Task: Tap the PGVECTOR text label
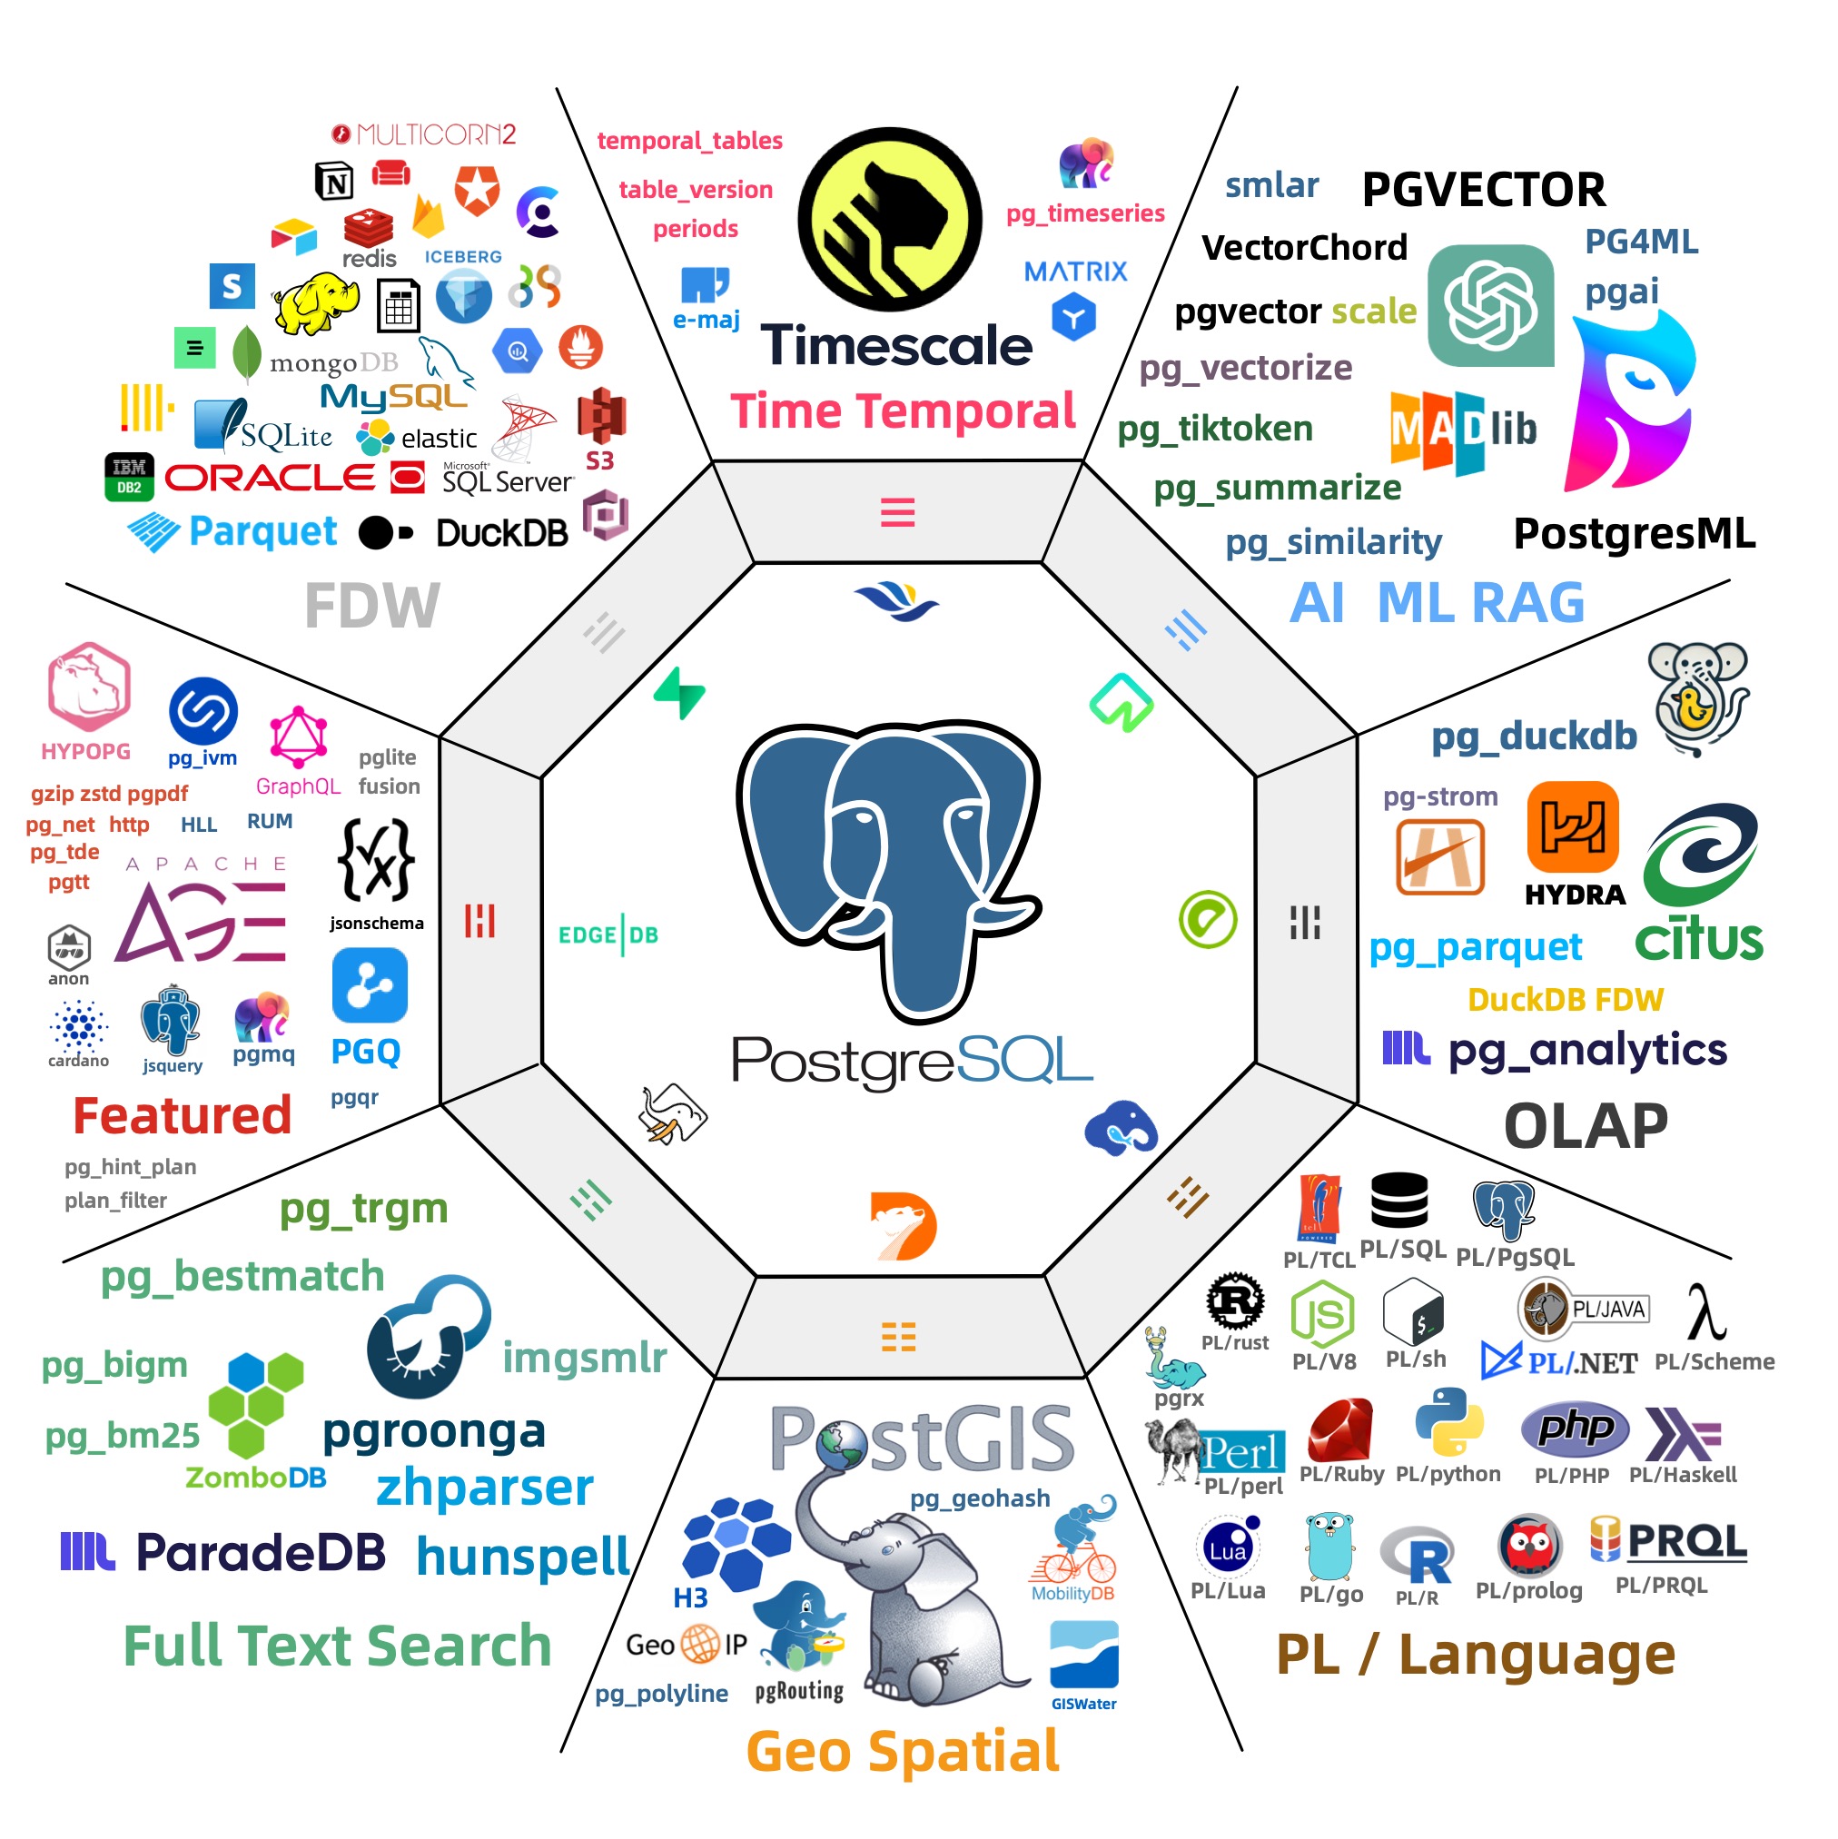pyautogui.click(x=1483, y=190)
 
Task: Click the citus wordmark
pyautogui.click(x=1699, y=941)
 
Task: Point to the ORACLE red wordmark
pyautogui.click(x=271, y=478)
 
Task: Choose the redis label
pyautogui.click(x=370, y=258)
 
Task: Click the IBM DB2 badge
pyautogui.click(x=130, y=477)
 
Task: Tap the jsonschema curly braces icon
pyautogui.click(x=376, y=859)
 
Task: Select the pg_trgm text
pyautogui.click(x=363, y=1208)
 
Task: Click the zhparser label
pyautogui.click(x=485, y=1487)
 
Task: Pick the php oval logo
pyautogui.click(x=1575, y=1428)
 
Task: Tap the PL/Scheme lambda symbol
pyautogui.click(x=1706, y=1312)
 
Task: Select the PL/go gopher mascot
pyautogui.click(x=1329, y=1546)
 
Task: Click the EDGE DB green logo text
pyautogui.click(x=608, y=934)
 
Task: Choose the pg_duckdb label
pyautogui.click(x=1534, y=736)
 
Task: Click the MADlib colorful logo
pyautogui.click(x=1463, y=431)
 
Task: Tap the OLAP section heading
pyautogui.click(x=1585, y=1126)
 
